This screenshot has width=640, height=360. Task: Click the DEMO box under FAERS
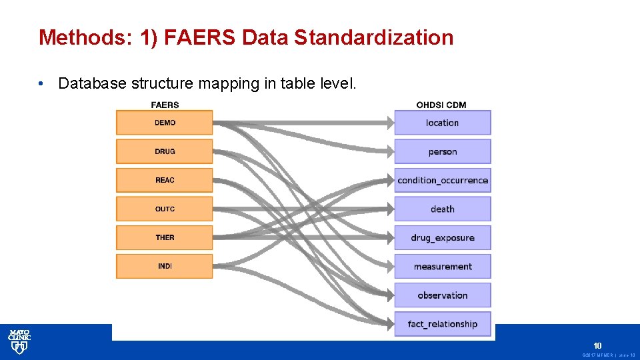[x=165, y=123]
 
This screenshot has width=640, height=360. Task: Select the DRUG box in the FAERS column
[x=165, y=151]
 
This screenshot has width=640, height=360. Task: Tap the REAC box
[x=165, y=180]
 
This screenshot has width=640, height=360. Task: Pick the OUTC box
[x=165, y=209]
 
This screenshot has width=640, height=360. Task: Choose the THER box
[x=165, y=237]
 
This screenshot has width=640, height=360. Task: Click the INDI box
[x=165, y=266]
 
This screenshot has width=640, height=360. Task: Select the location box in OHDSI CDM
[x=443, y=123]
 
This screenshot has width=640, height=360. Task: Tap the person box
[x=443, y=151]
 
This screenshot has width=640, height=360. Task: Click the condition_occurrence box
[x=443, y=180]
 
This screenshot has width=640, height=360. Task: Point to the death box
[x=443, y=209]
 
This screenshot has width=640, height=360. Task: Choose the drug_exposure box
[x=443, y=237]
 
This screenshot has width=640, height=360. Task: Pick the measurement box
[x=443, y=266]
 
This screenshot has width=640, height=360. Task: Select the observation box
[x=443, y=295]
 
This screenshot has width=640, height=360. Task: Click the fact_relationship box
[x=443, y=324]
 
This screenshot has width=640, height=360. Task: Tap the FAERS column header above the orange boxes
[x=165, y=105]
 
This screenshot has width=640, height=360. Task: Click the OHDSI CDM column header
[x=441, y=105]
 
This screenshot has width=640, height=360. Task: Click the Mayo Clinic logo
[x=19, y=341]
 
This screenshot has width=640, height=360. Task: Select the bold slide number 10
[x=597, y=345]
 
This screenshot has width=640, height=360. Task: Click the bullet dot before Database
[x=41, y=84]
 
